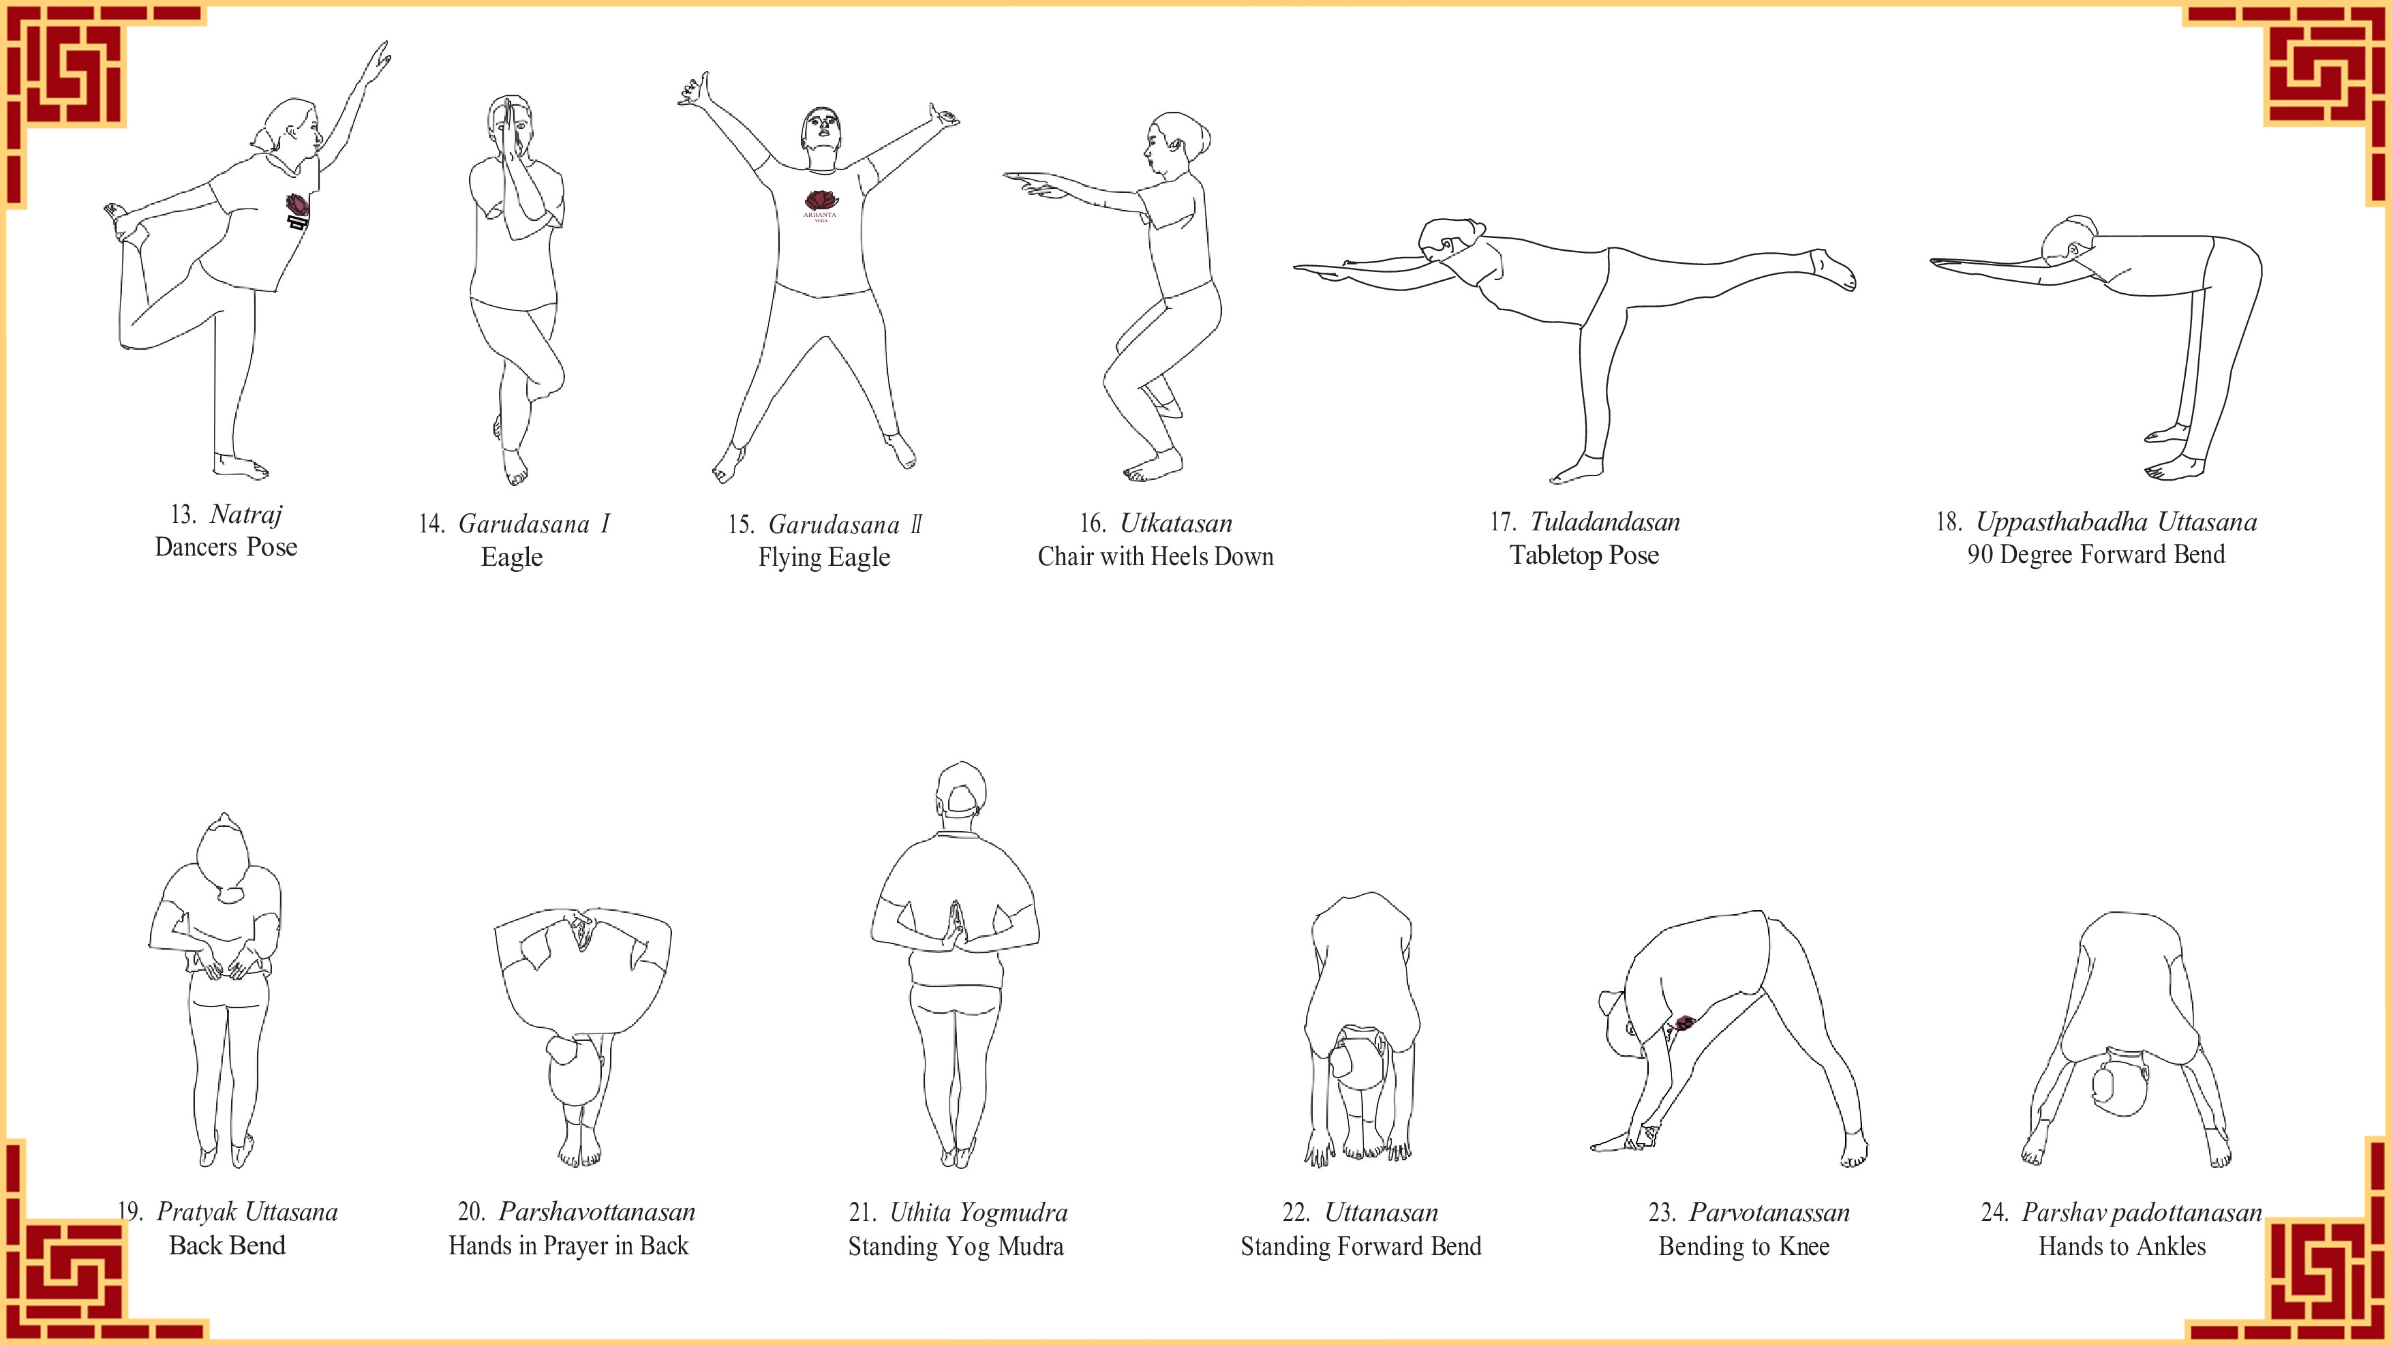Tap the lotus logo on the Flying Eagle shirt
coord(821,200)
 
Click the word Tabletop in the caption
coord(1553,555)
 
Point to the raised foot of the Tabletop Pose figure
coord(1833,270)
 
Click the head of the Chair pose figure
coord(1175,154)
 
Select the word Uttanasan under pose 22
coord(1381,1212)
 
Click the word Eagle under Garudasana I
coord(511,558)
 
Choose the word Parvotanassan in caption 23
coord(1769,1212)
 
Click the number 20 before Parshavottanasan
coord(472,1212)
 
